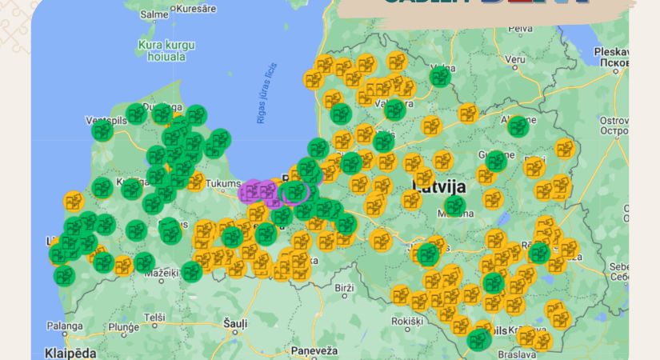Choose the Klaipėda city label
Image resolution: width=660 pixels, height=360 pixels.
pos(70,352)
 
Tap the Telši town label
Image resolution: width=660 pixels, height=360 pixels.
pos(154,318)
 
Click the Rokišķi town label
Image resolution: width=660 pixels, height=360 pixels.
pos(407,321)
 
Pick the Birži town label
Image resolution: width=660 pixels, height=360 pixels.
pos(344,287)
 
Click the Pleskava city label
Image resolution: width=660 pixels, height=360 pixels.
pos(614,52)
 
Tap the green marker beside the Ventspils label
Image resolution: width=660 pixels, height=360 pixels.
pos(102,132)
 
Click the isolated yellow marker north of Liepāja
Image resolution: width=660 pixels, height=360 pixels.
pos(74,201)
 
